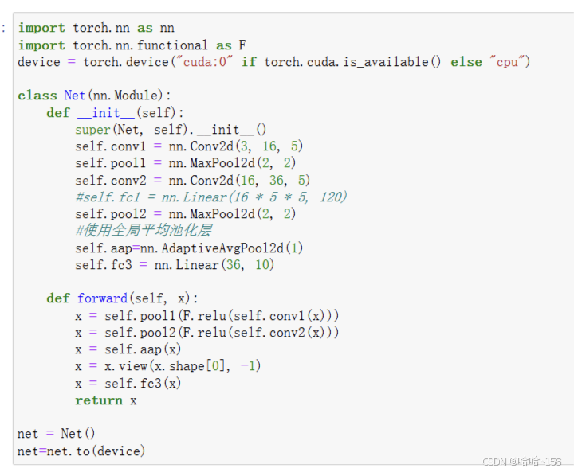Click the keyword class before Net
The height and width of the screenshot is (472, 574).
click(37, 96)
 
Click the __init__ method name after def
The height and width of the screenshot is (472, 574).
click(106, 113)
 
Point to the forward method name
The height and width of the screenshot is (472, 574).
click(102, 298)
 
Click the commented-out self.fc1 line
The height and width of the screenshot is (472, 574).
click(211, 197)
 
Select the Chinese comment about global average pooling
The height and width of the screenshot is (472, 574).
click(143, 231)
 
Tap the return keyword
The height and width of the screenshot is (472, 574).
click(99, 400)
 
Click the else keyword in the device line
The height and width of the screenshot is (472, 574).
click(466, 62)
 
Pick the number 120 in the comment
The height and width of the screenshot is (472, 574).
click(332, 197)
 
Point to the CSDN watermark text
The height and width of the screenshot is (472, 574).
click(522, 462)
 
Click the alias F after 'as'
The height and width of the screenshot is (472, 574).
click(242, 45)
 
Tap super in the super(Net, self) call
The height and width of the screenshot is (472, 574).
click(93, 130)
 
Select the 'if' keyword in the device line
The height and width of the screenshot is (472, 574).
click(249, 62)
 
